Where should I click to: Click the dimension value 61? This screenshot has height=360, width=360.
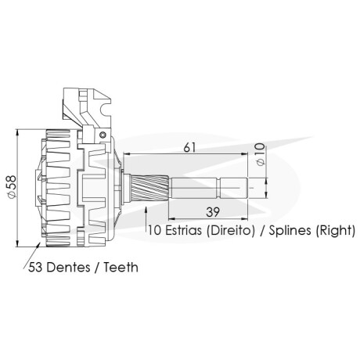(189, 148)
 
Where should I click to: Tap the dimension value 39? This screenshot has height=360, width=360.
(213, 212)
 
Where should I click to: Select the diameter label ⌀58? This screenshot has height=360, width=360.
(12, 187)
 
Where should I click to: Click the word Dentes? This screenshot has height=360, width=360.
(69, 268)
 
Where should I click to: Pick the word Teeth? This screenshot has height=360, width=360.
(121, 268)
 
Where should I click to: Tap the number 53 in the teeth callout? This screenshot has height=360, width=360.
(36, 268)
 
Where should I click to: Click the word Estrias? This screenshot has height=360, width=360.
(183, 230)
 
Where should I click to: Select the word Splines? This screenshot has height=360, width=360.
(290, 231)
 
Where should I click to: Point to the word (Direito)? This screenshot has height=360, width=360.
(231, 231)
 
